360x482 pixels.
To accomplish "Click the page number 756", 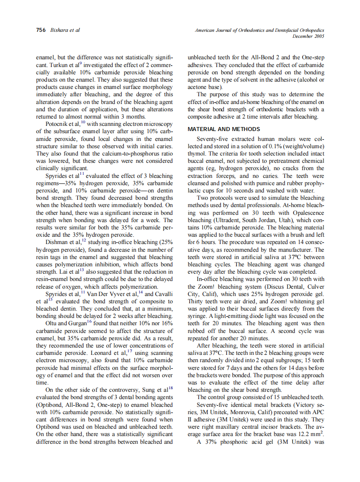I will [x=41, y=31].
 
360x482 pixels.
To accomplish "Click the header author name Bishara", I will [x=60, y=31].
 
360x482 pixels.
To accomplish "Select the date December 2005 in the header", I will [x=308, y=37].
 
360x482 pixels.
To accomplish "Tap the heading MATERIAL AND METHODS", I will [x=224, y=129].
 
